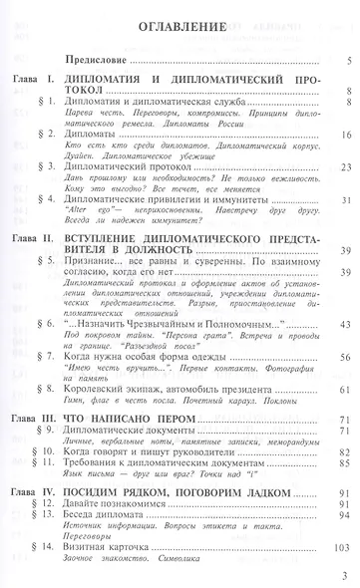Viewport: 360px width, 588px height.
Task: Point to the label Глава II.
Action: click(x=41, y=240)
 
